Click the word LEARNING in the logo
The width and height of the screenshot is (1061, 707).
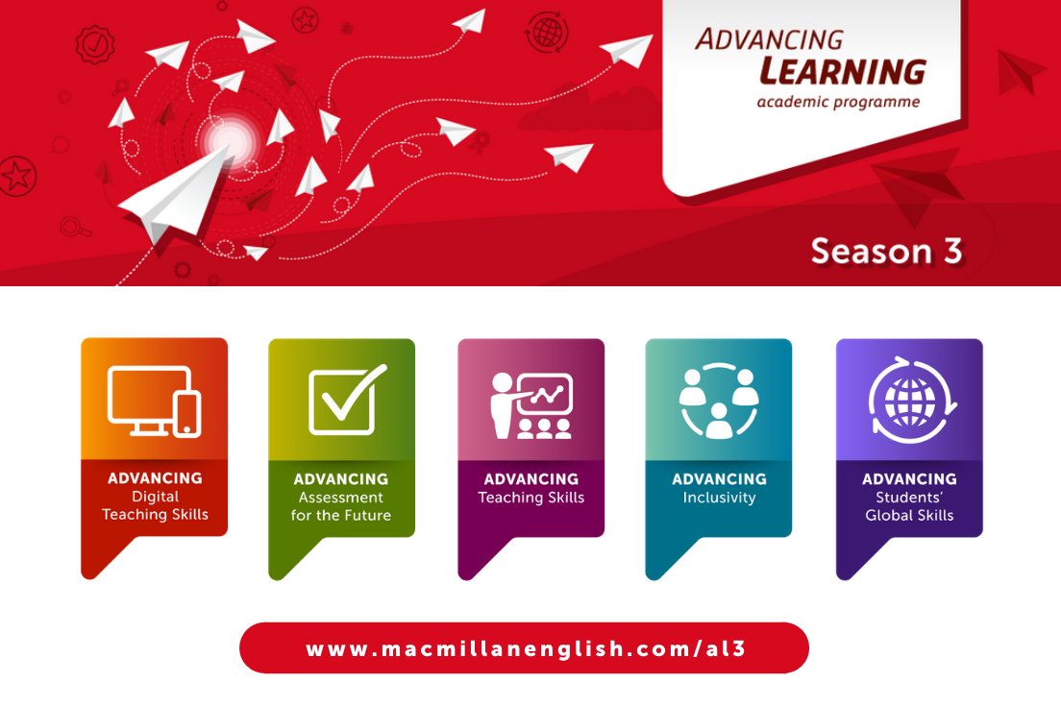[x=842, y=71]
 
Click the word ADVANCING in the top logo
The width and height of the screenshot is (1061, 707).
[x=769, y=39]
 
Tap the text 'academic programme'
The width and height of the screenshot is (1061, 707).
[x=837, y=102]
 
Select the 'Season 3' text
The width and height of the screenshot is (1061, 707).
[x=885, y=251]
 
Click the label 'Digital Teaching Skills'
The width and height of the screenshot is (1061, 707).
[x=155, y=505]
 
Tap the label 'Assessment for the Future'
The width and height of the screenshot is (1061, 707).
[x=341, y=506]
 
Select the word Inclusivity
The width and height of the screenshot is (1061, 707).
[x=719, y=498]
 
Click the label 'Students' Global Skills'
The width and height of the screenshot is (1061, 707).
[x=909, y=506]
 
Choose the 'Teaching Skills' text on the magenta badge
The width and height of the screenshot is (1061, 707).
[x=531, y=498]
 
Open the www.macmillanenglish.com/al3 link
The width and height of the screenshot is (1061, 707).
[x=525, y=648]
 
